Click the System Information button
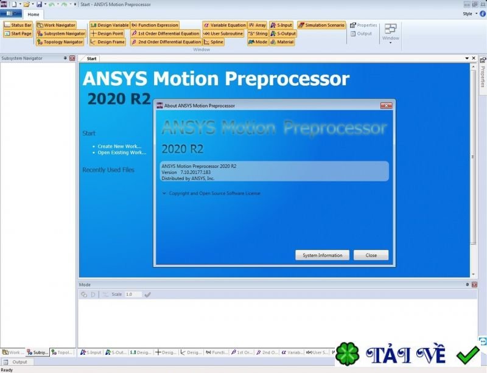tap(322, 255)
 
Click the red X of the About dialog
tap(386, 105)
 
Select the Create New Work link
tap(119, 146)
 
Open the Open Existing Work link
tap(122, 153)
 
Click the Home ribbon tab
tap(33, 15)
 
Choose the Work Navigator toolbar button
tap(56, 26)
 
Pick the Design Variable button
tap(110, 26)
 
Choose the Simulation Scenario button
tap(321, 26)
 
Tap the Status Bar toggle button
tap(18, 26)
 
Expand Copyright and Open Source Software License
tap(211, 193)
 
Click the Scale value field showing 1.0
tap(133, 295)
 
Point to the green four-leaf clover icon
tap(348, 355)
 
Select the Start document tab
tap(91, 58)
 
